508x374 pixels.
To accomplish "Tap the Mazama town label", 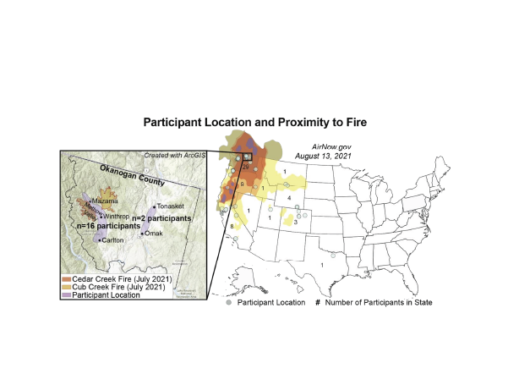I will (106, 201).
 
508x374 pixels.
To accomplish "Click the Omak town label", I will (156, 233).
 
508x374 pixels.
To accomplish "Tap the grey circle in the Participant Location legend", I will (229, 302).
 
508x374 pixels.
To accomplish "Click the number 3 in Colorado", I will (294, 222).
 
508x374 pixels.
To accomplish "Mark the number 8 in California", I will (231, 226).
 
